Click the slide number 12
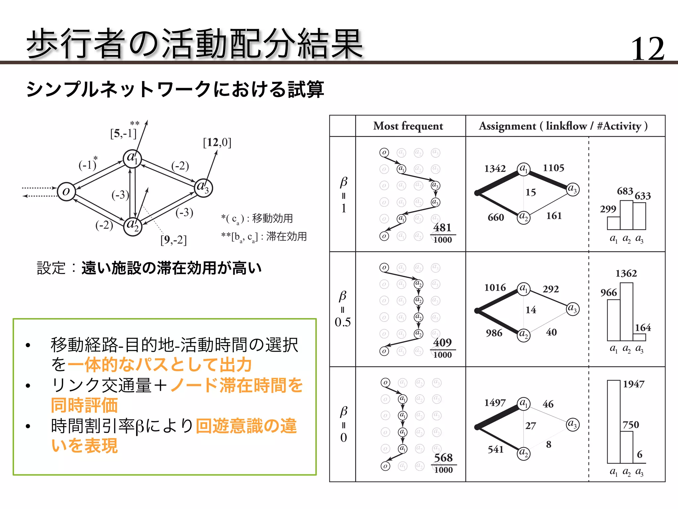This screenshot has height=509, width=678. pyautogui.click(x=648, y=49)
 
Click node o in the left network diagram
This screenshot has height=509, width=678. pyautogui.click(x=66, y=192)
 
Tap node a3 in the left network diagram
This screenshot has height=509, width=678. pyautogui.click(x=203, y=188)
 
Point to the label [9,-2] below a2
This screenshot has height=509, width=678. pyautogui.click(x=173, y=240)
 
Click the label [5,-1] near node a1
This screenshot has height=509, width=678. pyautogui.click(x=123, y=134)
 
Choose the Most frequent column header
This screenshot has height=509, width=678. pyautogui.click(x=408, y=126)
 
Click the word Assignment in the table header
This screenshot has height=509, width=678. pyautogui.click(x=507, y=126)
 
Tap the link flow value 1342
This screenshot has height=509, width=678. pyautogui.click(x=495, y=168)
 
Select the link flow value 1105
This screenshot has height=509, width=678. pyautogui.click(x=554, y=168)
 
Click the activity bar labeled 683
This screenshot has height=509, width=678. pyautogui.click(x=626, y=215)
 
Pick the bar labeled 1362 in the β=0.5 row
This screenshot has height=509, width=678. pyautogui.click(x=626, y=311)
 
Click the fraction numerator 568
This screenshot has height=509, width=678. pyautogui.click(x=443, y=458)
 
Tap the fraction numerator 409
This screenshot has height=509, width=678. pyautogui.click(x=443, y=342)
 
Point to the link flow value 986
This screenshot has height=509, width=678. pyautogui.click(x=494, y=333)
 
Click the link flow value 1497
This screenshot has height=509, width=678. pyautogui.click(x=495, y=403)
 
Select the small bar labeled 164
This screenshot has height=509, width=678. pyautogui.click(x=639, y=337)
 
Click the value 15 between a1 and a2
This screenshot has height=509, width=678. pyautogui.click(x=531, y=192)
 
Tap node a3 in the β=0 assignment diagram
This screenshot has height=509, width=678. pyautogui.click(x=573, y=424)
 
